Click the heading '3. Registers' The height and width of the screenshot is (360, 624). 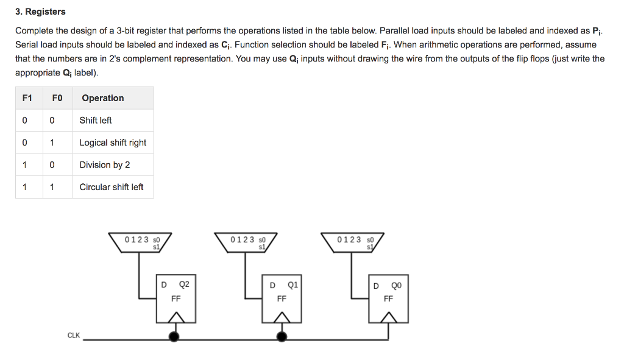pyautogui.click(x=40, y=12)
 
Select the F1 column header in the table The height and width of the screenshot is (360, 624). pyautogui.click(x=26, y=98)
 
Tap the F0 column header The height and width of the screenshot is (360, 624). pyautogui.click(x=56, y=98)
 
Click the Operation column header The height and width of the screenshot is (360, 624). pyautogui.click(x=102, y=98)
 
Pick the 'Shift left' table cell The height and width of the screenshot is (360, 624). pyautogui.click(x=96, y=121)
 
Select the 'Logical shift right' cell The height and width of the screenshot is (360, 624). pyautogui.click(x=113, y=143)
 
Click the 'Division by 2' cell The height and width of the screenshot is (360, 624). pyautogui.click(x=104, y=165)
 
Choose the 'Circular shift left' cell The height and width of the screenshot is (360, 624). pyautogui.click(x=112, y=187)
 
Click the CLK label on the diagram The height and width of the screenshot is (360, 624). pyautogui.click(x=73, y=336)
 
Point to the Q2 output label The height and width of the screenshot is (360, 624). pyautogui.click(x=184, y=284)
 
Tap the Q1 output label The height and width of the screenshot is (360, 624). pyautogui.click(x=292, y=284)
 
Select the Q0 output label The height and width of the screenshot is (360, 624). pyautogui.click(x=396, y=285)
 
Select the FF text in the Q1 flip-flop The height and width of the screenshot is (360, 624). pyautogui.click(x=282, y=299)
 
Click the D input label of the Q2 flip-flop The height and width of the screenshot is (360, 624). pyautogui.click(x=163, y=284)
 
